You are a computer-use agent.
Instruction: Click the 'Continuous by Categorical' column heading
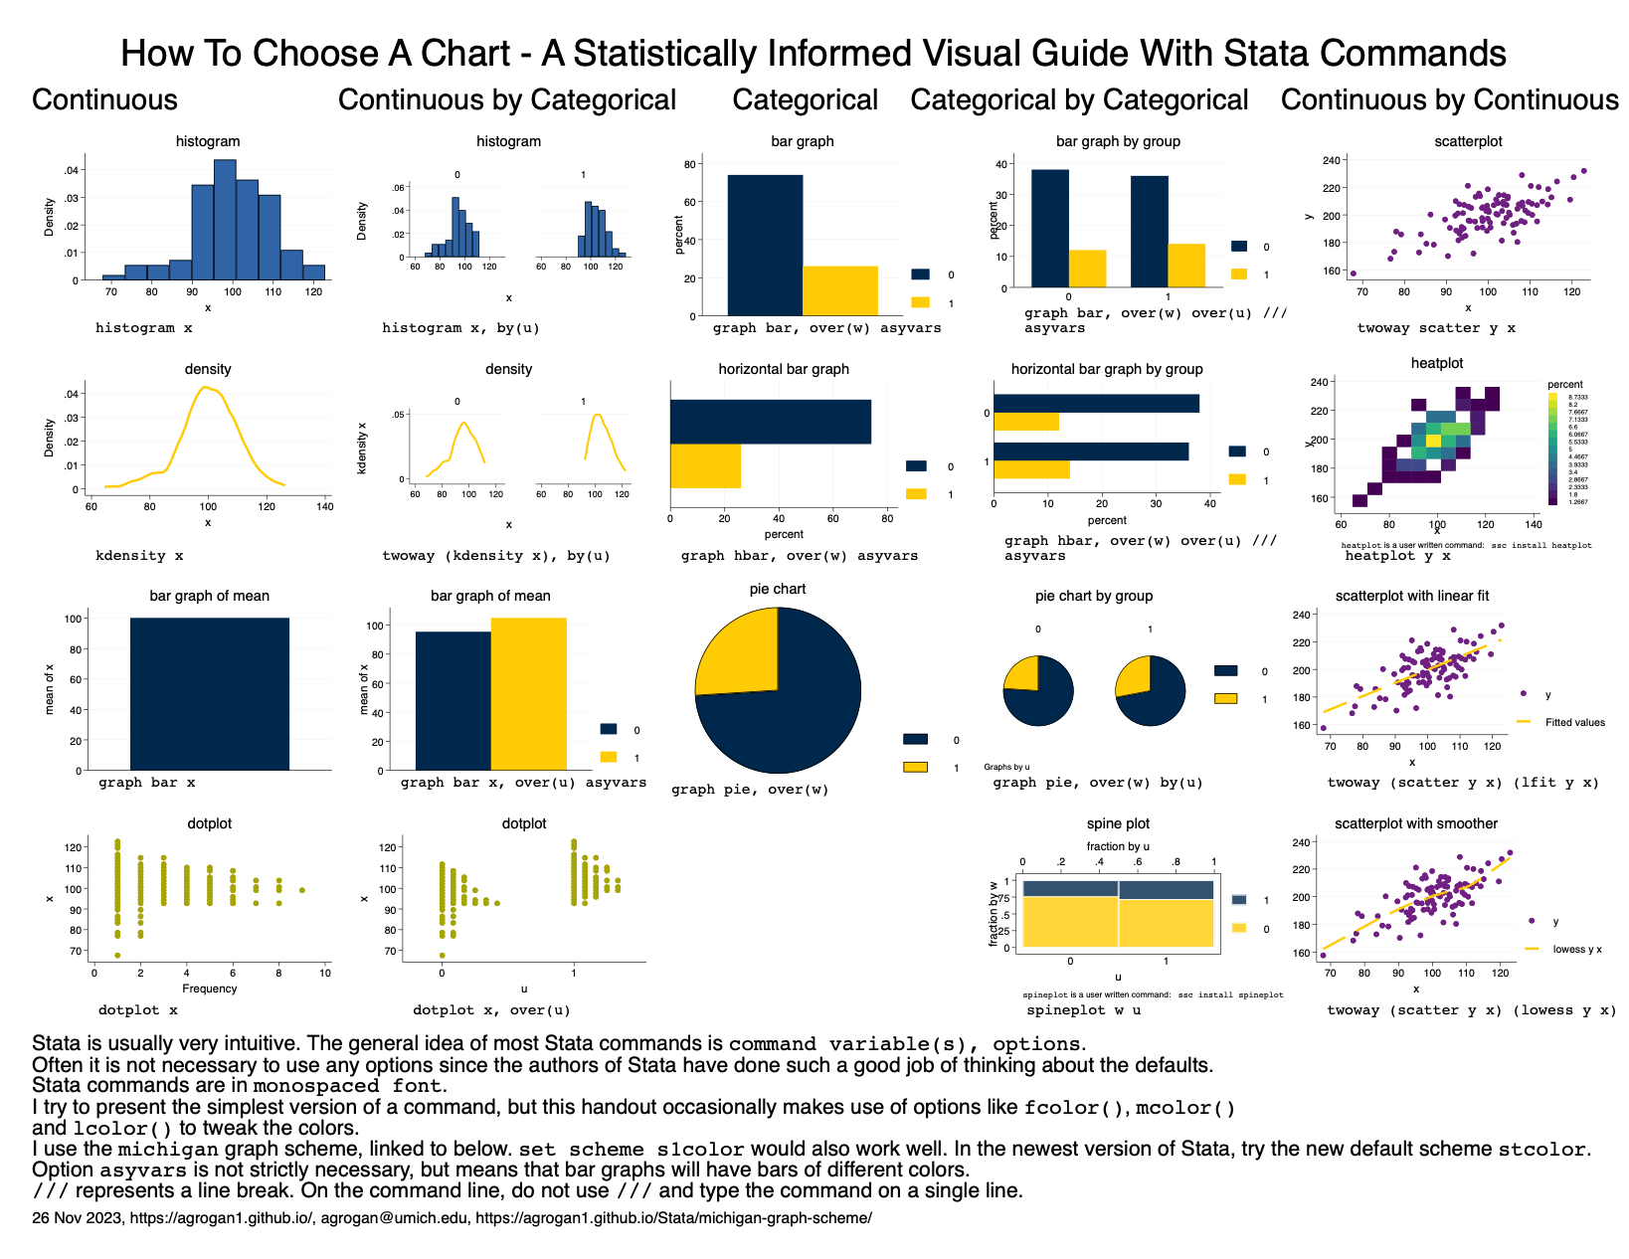[506, 100]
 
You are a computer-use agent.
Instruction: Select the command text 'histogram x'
[143, 328]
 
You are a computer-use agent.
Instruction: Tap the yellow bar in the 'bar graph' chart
[839, 290]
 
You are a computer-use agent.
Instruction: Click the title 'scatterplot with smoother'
[1415, 823]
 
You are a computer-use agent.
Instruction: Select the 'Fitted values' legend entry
[1574, 723]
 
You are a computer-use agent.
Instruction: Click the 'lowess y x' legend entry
[1576, 950]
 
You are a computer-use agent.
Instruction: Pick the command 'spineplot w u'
[1083, 1010]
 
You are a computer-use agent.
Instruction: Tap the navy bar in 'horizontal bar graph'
[770, 422]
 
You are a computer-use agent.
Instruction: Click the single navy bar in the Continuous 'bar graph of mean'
[209, 693]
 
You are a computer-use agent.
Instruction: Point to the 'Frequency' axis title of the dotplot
[210, 989]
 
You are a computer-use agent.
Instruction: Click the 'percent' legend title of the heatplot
[1564, 385]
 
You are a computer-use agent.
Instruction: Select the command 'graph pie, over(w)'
[750, 790]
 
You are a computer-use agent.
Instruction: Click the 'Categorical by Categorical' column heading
[1079, 100]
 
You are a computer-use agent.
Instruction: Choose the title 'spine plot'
[1118, 823]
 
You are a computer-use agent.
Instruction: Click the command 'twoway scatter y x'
[1436, 328]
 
